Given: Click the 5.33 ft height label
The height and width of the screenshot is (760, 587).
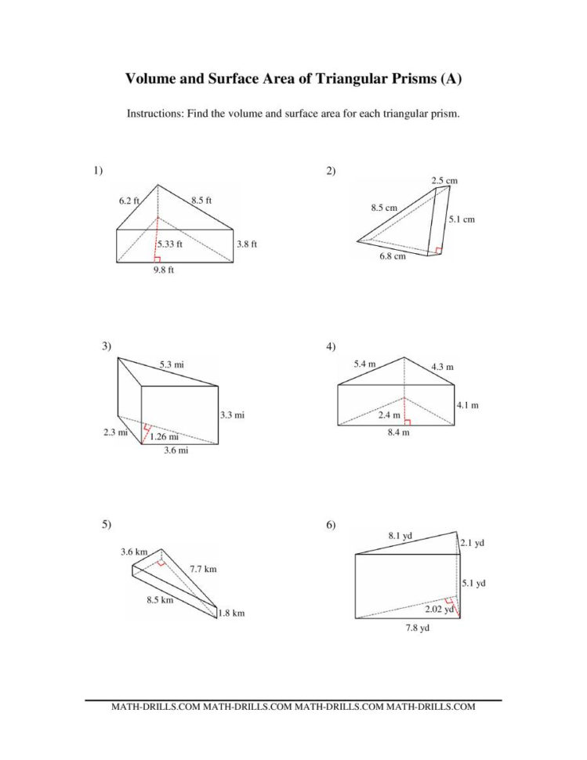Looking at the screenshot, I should (x=169, y=244).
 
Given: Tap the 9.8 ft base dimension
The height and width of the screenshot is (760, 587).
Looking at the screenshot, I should (x=164, y=271).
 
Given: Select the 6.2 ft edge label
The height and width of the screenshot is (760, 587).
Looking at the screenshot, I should (x=129, y=201).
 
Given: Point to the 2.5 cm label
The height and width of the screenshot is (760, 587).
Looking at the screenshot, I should (x=444, y=180).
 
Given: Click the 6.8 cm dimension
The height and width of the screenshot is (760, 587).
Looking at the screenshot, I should (x=393, y=255).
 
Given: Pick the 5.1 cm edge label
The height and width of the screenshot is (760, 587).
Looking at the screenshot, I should (x=462, y=219).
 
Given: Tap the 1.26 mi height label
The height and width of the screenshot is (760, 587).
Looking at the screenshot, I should (x=164, y=436).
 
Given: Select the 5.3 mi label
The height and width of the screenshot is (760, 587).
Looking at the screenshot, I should (x=172, y=364).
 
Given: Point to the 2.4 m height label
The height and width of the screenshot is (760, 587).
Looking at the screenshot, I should (x=389, y=414).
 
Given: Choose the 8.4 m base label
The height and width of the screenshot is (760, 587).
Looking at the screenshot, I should (x=399, y=432).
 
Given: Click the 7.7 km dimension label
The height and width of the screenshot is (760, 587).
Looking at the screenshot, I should (x=203, y=569).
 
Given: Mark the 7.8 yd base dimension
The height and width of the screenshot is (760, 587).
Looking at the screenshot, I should (x=406, y=628).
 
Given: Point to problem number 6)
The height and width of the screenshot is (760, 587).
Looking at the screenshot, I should (x=332, y=524).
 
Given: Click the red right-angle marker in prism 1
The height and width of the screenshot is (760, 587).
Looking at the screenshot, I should (x=158, y=259).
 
